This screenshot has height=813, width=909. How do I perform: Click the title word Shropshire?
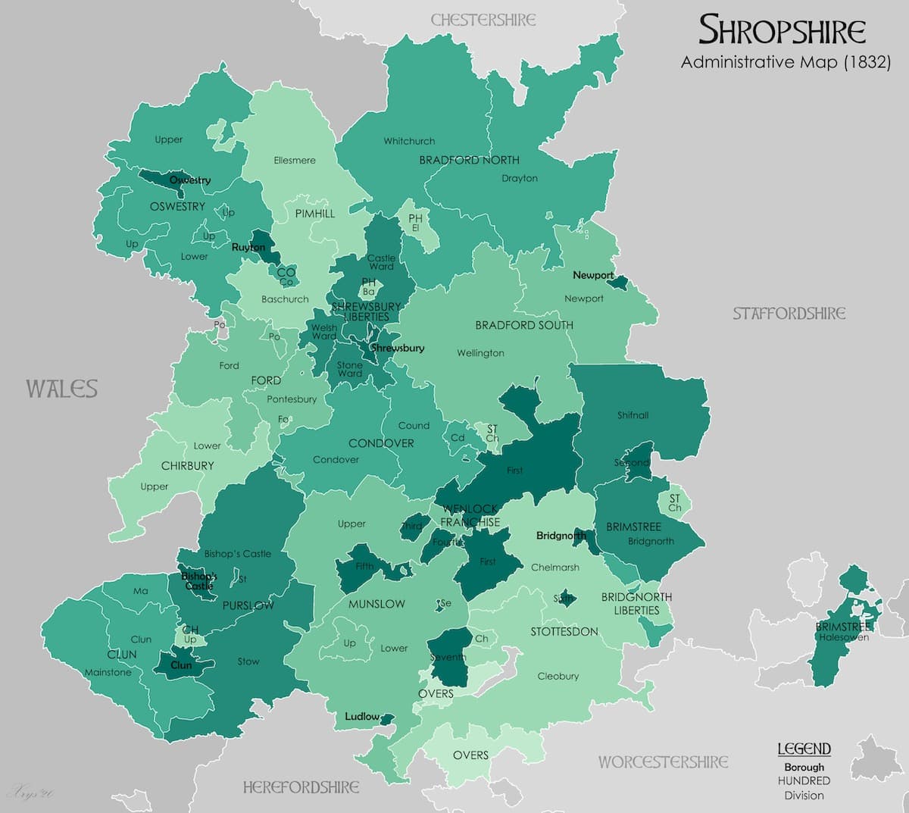point(782,30)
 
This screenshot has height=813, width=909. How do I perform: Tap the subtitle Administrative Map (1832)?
point(785,62)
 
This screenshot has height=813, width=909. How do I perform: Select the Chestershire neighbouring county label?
point(483,20)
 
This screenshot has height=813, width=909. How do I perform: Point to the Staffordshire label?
point(789,313)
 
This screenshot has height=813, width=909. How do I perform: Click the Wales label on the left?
point(62,389)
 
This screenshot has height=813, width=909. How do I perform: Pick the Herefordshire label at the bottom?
point(301,787)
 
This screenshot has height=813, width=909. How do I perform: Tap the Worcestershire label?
point(663,761)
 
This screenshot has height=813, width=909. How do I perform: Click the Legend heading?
point(804,749)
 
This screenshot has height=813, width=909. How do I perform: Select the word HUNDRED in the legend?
point(804,780)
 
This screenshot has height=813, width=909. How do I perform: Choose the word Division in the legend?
point(804,796)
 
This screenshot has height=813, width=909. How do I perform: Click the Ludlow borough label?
point(361,716)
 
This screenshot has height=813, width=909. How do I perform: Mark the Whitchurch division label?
point(409,141)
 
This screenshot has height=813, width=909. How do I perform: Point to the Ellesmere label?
point(295,160)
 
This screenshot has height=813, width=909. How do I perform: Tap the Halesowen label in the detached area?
point(843,637)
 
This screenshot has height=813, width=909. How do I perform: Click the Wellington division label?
point(480,353)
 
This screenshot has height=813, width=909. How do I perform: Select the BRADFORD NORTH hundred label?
point(469,160)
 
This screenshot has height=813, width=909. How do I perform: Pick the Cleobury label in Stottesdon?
point(558,676)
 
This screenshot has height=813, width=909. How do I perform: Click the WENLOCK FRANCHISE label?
point(470,515)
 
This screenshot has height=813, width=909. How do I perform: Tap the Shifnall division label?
point(633,415)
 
